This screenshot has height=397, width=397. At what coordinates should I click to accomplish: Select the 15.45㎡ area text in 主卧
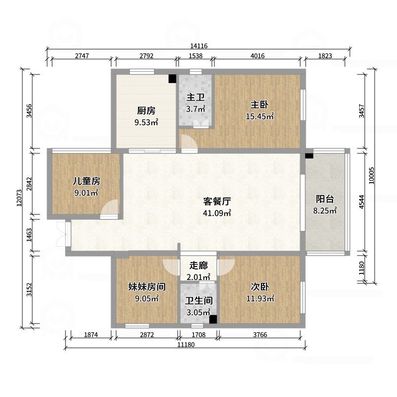coord(260,117)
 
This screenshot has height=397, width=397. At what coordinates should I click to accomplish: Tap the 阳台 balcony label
coord(325,199)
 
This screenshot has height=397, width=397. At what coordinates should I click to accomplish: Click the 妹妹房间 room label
coord(146,287)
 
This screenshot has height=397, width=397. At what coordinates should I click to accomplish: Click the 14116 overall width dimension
coord(198,46)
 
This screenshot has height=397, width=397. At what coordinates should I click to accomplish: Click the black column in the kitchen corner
coord(172,78)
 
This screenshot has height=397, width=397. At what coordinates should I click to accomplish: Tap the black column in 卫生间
coord(213,320)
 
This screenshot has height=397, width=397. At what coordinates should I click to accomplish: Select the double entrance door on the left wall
coord(62,233)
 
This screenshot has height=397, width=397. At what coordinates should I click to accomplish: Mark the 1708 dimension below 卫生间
coord(199,335)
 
